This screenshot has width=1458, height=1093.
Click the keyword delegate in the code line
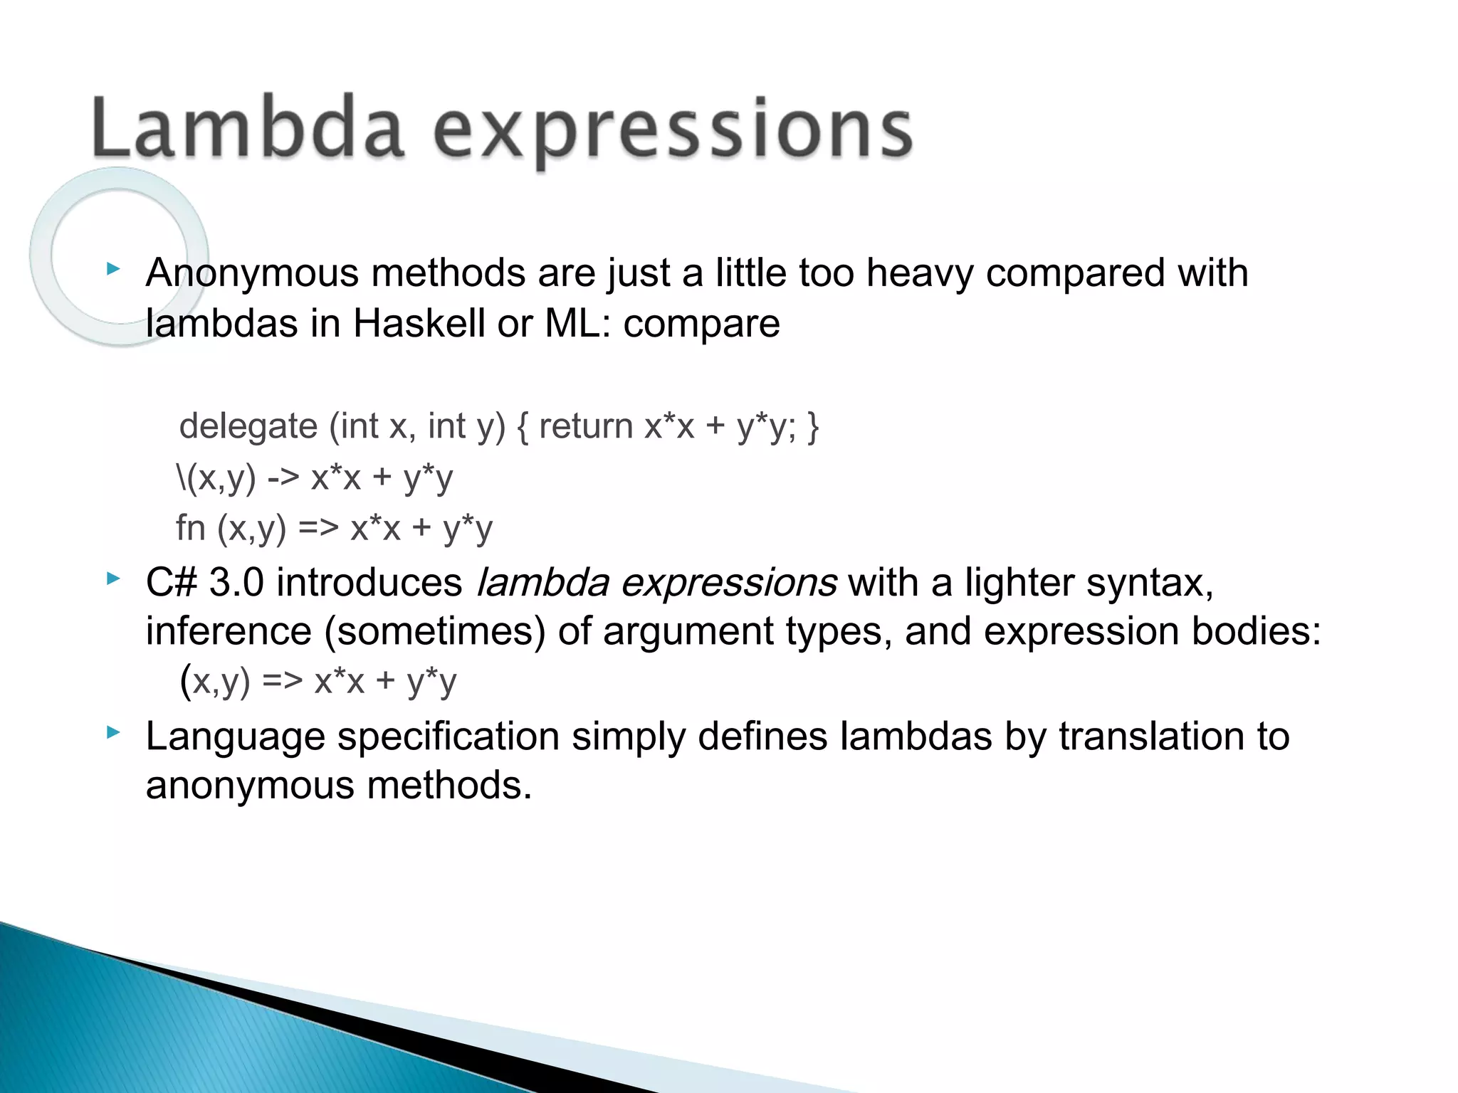(248, 427)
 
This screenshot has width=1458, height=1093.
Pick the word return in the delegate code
(585, 427)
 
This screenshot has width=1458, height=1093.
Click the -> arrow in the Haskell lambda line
(283, 477)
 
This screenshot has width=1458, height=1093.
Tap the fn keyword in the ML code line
(190, 528)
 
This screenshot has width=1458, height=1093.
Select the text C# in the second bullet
(171, 582)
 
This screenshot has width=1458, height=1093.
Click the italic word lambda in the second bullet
(542, 582)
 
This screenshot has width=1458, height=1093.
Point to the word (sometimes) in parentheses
(434, 631)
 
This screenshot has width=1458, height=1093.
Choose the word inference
(228, 631)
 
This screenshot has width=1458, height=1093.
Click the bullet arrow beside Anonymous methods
(112, 269)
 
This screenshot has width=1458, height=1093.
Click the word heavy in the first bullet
(919, 273)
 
